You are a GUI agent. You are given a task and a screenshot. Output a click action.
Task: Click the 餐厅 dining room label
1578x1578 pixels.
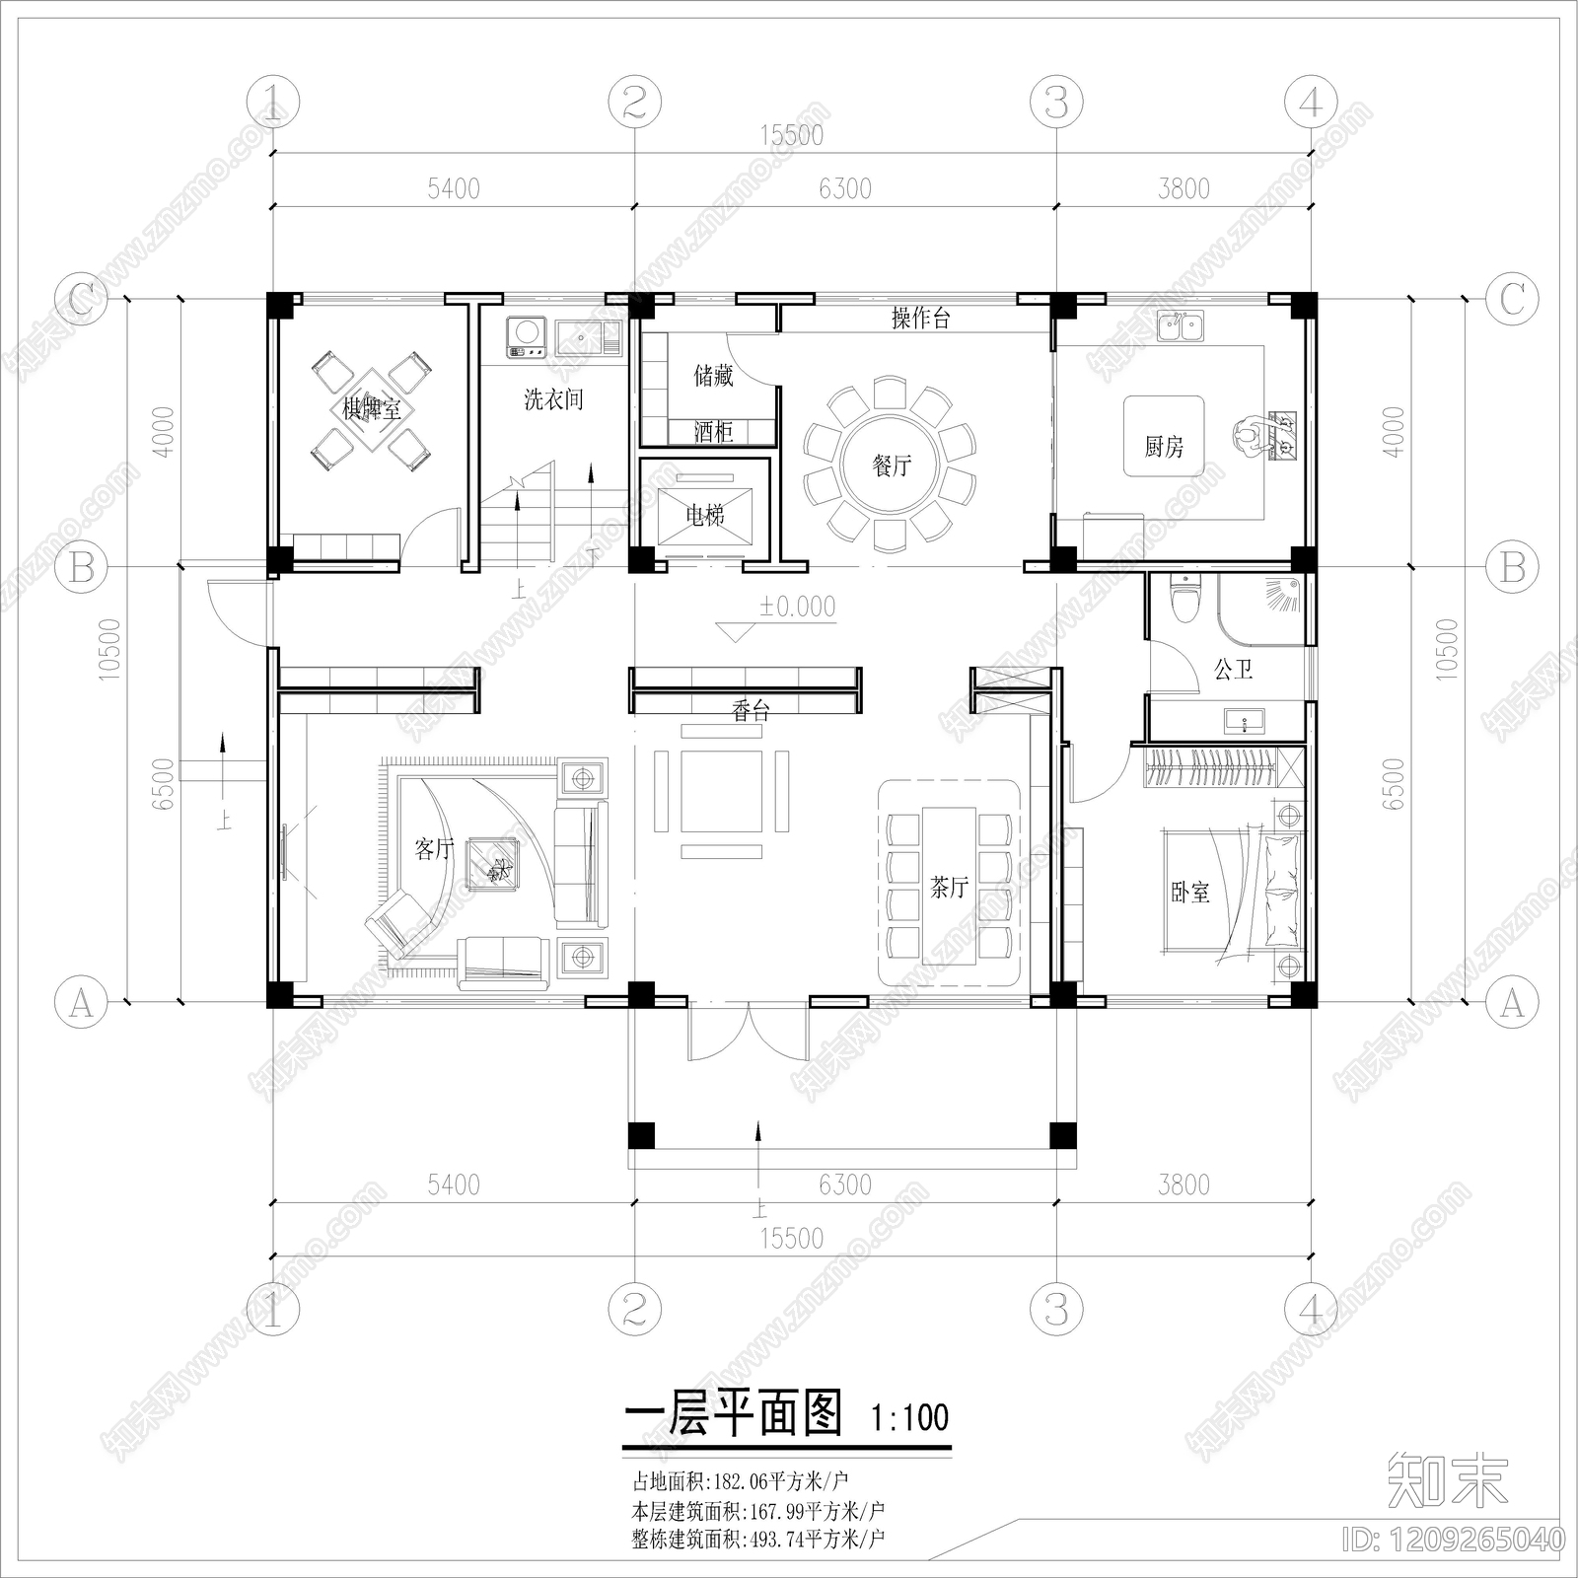pyautogui.click(x=892, y=465)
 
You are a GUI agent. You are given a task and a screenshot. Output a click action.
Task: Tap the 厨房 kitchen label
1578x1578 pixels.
pyautogui.click(x=1164, y=447)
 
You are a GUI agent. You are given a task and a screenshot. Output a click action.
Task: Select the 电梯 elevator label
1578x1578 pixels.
pyautogui.click(x=704, y=514)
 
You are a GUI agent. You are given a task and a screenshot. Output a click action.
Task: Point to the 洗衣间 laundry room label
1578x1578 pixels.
pyautogui.click(x=553, y=399)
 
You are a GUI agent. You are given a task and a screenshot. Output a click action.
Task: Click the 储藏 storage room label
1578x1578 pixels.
pyautogui.click(x=713, y=375)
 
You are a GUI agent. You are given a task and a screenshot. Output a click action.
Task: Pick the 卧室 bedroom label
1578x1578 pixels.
pyautogui.click(x=1190, y=893)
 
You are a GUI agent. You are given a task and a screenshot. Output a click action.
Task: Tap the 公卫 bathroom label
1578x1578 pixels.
pyautogui.click(x=1233, y=670)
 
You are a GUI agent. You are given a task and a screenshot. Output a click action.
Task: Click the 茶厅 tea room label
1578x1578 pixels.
pyautogui.click(x=949, y=888)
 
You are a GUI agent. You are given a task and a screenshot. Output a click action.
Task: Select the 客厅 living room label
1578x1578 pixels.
pyautogui.click(x=434, y=848)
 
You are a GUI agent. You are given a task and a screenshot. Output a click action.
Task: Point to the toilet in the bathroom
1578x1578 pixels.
pyautogui.click(x=1183, y=595)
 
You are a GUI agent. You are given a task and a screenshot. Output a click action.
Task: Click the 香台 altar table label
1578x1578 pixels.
pyautogui.click(x=751, y=711)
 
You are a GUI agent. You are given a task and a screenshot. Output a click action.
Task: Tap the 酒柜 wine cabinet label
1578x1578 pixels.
pyautogui.click(x=713, y=431)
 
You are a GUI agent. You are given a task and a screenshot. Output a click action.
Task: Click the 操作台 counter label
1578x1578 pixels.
pyautogui.click(x=920, y=318)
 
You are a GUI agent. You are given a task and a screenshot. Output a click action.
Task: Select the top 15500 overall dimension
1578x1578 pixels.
pyautogui.click(x=791, y=135)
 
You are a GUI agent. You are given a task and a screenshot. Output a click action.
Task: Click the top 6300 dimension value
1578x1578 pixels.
pyautogui.click(x=845, y=188)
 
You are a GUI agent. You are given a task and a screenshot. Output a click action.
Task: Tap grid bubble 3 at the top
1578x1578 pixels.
pyautogui.click(x=1056, y=102)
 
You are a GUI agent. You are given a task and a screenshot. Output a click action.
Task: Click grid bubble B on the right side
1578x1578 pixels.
pyautogui.click(x=1511, y=567)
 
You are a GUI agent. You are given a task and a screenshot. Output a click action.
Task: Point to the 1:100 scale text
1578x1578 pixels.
pyautogui.click(x=909, y=1418)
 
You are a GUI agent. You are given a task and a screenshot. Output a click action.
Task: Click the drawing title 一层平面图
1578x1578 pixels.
pyautogui.click(x=734, y=1414)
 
